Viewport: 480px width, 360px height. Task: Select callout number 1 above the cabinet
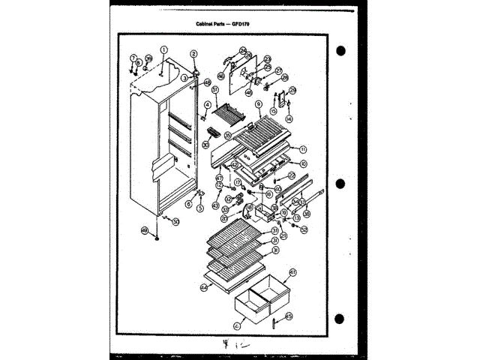(163, 50)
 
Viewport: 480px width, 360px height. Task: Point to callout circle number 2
(193, 54)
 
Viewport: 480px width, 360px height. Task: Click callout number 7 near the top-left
(133, 58)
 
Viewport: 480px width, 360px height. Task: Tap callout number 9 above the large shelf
(258, 105)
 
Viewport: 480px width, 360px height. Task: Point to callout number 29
(293, 91)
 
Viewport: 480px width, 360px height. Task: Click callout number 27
(278, 71)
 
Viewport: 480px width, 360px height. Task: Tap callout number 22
(291, 175)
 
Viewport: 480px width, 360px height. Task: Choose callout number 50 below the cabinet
(176, 222)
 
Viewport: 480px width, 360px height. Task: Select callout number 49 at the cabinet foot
(145, 230)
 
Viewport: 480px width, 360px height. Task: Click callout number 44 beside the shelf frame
(203, 286)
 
